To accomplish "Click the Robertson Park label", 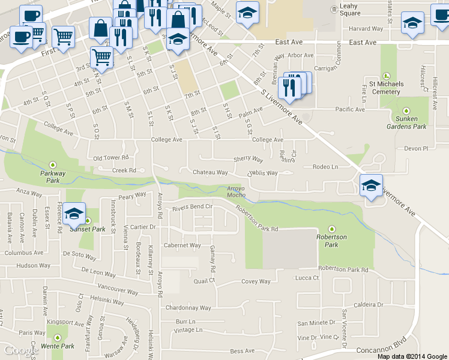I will tap(332, 241).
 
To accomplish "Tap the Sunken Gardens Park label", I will tap(406, 122).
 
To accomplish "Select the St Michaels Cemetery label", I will tap(386, 88).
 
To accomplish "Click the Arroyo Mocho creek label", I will tap(237, 192).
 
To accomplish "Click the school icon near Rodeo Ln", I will tap(371, 185).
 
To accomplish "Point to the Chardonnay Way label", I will tap(188, 308).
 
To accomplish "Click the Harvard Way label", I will tap(366, 28).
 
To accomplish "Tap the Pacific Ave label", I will tap(350, 109).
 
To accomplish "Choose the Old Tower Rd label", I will tap(111, 158).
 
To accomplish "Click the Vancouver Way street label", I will tap(113, 289).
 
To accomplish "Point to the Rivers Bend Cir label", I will tap(193, 208).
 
